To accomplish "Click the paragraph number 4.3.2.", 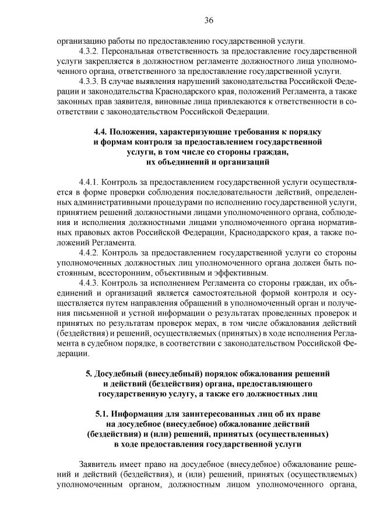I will pyautogui.click(x=91, y=51).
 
